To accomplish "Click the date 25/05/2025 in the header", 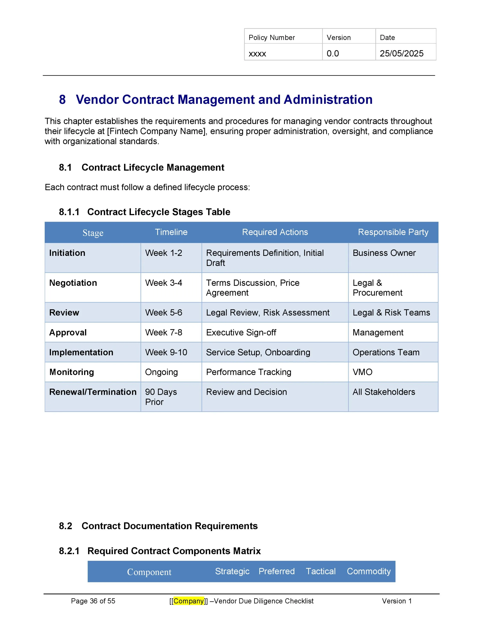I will [x=401, y=53].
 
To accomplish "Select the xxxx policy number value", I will [x=257, y=54].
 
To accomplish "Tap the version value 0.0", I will [x=332, y=53].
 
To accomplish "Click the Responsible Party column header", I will [x=393, y=232].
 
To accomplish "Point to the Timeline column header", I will [x=171, y=232].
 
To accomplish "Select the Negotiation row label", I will [x=73, y=283].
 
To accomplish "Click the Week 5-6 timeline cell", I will [x=163, y=312].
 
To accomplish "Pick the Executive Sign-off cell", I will [x=241, y=333].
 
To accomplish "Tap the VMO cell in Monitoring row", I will [x=362, y=372].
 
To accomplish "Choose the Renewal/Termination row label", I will [x=93, y=392].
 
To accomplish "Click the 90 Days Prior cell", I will [x=161, y=397].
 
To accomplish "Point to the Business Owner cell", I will [x=384, y=253].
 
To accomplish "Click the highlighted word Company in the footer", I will [x=189, y=601].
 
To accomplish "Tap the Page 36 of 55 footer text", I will [x=93, y=601].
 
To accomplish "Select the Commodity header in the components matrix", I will [x=368, y=571].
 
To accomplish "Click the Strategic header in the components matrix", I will [x=232, y=571].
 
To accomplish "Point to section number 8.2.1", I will [x=69, y=551].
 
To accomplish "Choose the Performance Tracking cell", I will [x=249, y=372].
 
